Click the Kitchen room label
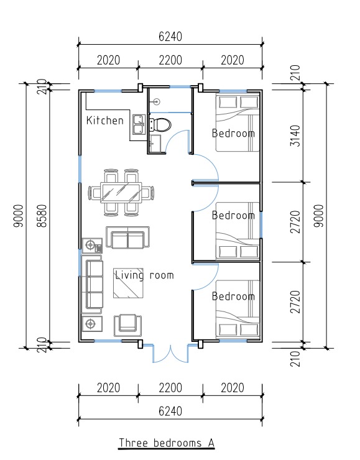tap(104, 120)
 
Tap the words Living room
tap(144, 275)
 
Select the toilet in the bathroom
tap(160, 125)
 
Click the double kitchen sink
tap(139, 124)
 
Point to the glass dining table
tap(121, 192)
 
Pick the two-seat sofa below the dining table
tap(127, 237)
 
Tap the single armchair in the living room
tap(127, 325)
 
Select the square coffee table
tap(128, 283)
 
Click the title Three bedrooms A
tap(167, 443)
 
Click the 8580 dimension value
tap(42, 216)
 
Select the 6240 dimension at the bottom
tap(170, 411)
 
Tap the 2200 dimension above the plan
tap(170, 60)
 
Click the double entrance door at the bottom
tap(170, 353)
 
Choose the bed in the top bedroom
tap(238, 122)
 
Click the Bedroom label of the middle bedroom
tap(233, 215)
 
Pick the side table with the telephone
tap(92, 246)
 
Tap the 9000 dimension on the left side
tap(18, 216)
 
